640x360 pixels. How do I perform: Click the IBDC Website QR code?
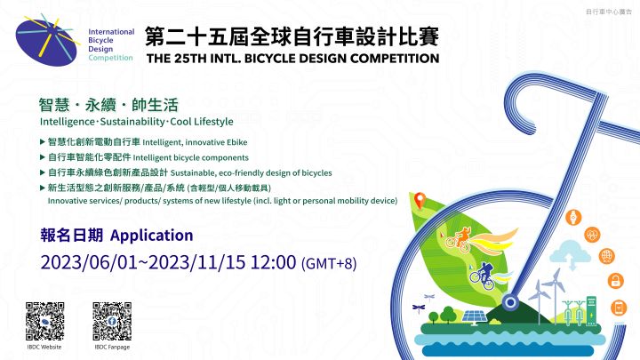(45, 321)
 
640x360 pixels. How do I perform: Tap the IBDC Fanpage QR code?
(112, 321)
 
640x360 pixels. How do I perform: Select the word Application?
(151, 236)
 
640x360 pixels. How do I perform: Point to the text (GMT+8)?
(329, 263)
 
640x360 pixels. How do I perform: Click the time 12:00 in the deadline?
(273, 262)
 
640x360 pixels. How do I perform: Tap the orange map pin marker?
(420, 200)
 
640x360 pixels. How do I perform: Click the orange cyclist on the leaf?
(460, 240)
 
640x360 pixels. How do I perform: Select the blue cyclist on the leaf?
(483, 276)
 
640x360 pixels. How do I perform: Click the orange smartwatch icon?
(573, 217)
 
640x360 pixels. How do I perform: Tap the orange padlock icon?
(615, 281)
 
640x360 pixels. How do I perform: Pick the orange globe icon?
(606, 256)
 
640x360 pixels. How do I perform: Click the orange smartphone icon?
(619, 308)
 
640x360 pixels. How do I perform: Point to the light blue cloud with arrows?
(570, 254)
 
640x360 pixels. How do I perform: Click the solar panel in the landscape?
(475, 317)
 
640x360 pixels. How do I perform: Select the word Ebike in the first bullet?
(236, 142)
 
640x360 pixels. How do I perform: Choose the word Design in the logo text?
(100, 50)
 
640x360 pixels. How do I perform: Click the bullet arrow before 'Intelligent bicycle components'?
(42, 157)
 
